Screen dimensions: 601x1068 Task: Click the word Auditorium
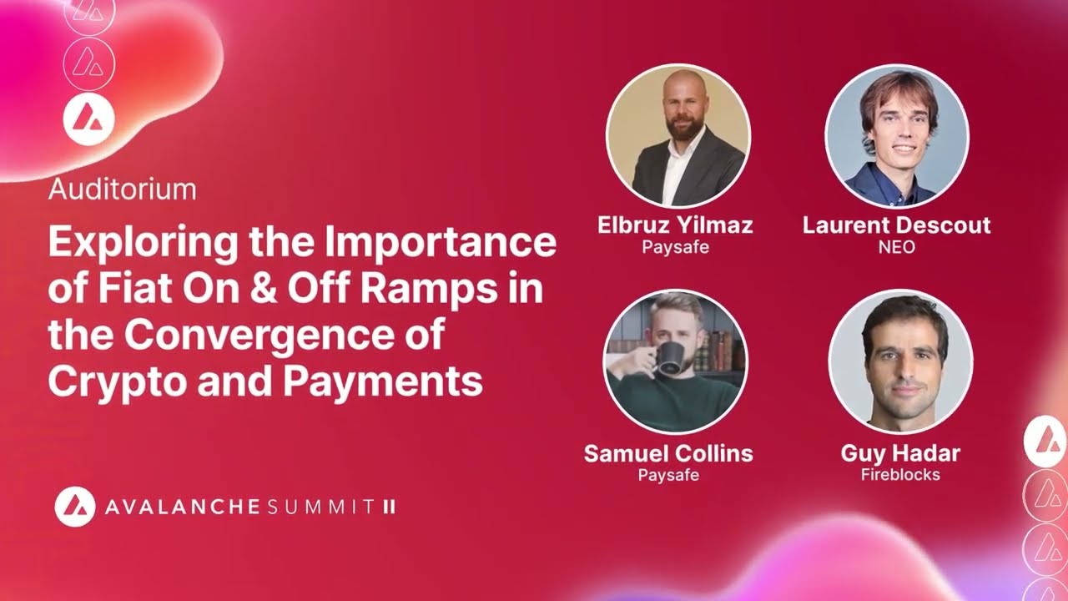point(122,189)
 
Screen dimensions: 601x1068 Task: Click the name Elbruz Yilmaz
point(675,225)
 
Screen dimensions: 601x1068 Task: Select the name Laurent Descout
point(896,225)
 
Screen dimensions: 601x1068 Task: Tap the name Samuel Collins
point(668,454)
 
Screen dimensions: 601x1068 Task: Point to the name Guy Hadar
point(900,454)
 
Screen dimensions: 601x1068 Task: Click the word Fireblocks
point(900,475)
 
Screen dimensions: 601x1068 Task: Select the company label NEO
point(896,247)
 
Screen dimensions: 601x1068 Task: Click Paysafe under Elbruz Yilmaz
point(675,247)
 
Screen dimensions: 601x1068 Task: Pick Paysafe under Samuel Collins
point(668,476)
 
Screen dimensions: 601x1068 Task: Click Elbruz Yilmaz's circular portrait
point(678,135)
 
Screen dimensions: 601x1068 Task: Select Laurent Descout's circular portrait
point(896,135)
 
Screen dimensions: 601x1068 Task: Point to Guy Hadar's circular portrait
point(900,361)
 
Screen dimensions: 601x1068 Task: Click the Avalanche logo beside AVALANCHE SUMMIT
point(75,506)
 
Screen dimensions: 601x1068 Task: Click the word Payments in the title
point(382,381)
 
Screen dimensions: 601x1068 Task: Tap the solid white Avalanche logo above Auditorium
point(88,119)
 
